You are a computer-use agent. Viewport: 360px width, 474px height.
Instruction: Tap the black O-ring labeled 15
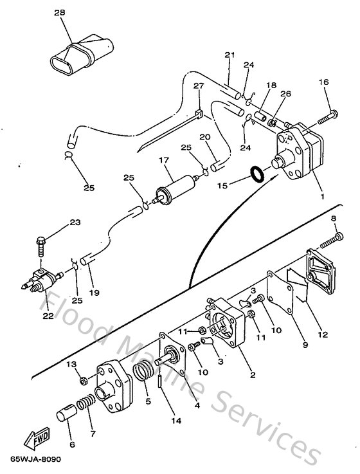click(256, 174)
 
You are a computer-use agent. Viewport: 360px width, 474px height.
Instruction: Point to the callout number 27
click(198, 86)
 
